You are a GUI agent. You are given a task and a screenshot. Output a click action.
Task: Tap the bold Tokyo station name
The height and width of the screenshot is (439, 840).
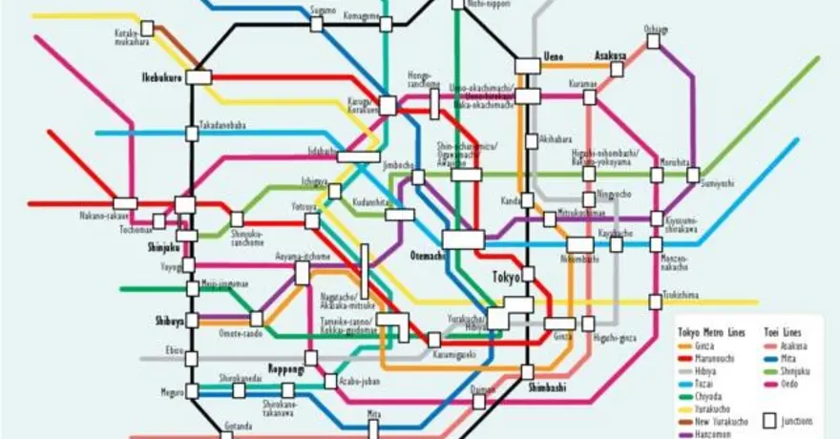pos(506,277)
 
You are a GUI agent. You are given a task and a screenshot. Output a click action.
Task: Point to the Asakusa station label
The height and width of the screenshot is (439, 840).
pos(610,55)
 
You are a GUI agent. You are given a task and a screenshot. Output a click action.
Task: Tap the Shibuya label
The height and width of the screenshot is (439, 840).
pos(169,321)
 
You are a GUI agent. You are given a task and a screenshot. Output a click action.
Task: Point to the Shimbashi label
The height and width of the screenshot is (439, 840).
pos(547,386)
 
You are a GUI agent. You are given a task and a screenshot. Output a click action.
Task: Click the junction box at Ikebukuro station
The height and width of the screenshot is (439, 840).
pos(199,76)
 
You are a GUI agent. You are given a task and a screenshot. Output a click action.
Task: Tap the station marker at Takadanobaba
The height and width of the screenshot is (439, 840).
pos(192,133)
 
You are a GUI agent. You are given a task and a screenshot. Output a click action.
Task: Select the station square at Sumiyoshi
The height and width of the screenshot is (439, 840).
pos(693,175)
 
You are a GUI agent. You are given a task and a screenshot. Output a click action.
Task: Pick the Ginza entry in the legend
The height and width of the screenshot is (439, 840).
pos(705,345)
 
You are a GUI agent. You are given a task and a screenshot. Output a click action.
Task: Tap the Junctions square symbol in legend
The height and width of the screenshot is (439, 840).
pos(770,420)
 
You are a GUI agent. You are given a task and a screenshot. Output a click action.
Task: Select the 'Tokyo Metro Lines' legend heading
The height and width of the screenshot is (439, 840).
pos(712,331)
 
